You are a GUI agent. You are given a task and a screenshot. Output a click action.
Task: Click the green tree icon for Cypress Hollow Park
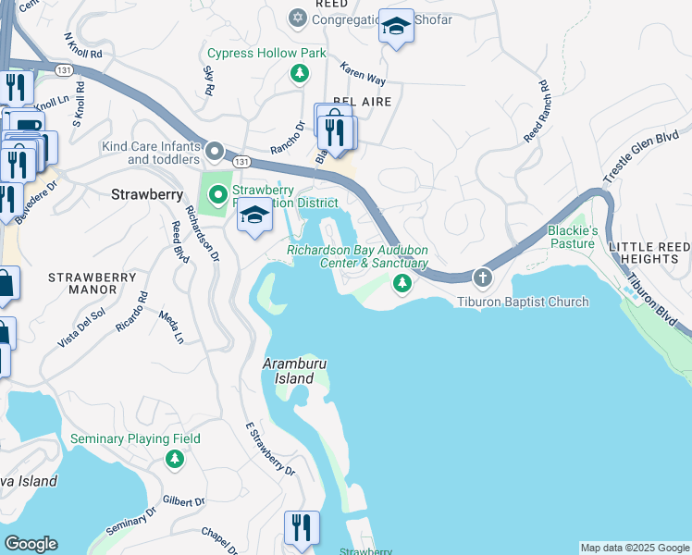tap(299, 74)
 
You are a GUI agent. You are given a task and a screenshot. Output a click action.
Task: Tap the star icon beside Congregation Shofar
tap(297, 18)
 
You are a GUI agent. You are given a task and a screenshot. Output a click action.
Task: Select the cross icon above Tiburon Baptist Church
tap(482, 277)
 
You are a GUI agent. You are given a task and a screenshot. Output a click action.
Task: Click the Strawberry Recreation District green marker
tap(218, 194)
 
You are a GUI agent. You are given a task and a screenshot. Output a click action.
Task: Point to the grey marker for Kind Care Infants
tap(215, 151)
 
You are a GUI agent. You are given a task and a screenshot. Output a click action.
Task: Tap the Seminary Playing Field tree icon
tap(174, 459)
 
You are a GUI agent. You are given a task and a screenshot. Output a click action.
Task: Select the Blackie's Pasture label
tap(573, 237)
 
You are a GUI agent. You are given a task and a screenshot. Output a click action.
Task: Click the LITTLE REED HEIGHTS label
tap(649, 253)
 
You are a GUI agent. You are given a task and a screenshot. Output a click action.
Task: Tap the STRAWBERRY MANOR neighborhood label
tap(83, 284)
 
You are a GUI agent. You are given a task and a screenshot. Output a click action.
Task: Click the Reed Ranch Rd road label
tap(537, 112)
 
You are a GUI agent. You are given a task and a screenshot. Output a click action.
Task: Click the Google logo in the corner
tap(30, 544)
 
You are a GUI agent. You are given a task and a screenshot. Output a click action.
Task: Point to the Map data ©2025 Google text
tap(634, 548)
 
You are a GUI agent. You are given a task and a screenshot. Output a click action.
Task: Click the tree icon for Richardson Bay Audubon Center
tap(402, 284)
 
